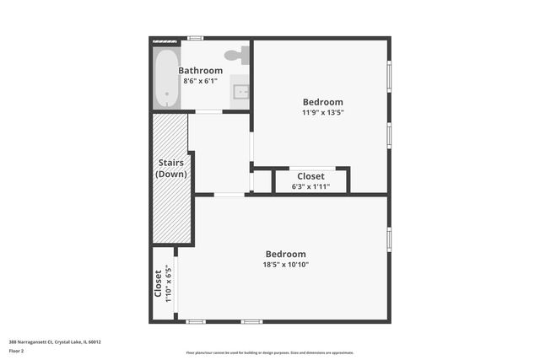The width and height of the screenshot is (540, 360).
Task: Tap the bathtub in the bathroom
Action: pos(167,78)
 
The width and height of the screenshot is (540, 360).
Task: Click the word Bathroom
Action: pos(201,71)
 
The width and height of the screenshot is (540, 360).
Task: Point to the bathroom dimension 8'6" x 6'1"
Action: pos(201,81)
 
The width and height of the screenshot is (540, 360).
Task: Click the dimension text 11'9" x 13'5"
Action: pos(322,112)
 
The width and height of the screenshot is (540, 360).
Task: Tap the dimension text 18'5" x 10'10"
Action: pos(286,265)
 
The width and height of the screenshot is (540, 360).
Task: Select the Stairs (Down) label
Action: pos(171,168)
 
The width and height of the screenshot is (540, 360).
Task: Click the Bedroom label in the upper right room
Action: pos(322,102)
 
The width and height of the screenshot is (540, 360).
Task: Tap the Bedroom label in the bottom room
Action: pos(286,254)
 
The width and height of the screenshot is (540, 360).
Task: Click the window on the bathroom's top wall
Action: pos(195,38)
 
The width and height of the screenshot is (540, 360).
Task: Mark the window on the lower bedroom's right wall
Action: pos(388,239)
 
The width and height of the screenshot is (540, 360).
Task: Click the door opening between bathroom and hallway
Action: pos(208,111)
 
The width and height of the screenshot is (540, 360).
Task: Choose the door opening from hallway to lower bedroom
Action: pos(229,195)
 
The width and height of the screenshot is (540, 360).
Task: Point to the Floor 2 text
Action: pos(16,350)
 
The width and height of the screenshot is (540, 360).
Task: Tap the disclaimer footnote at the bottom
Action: pos(269,352)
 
